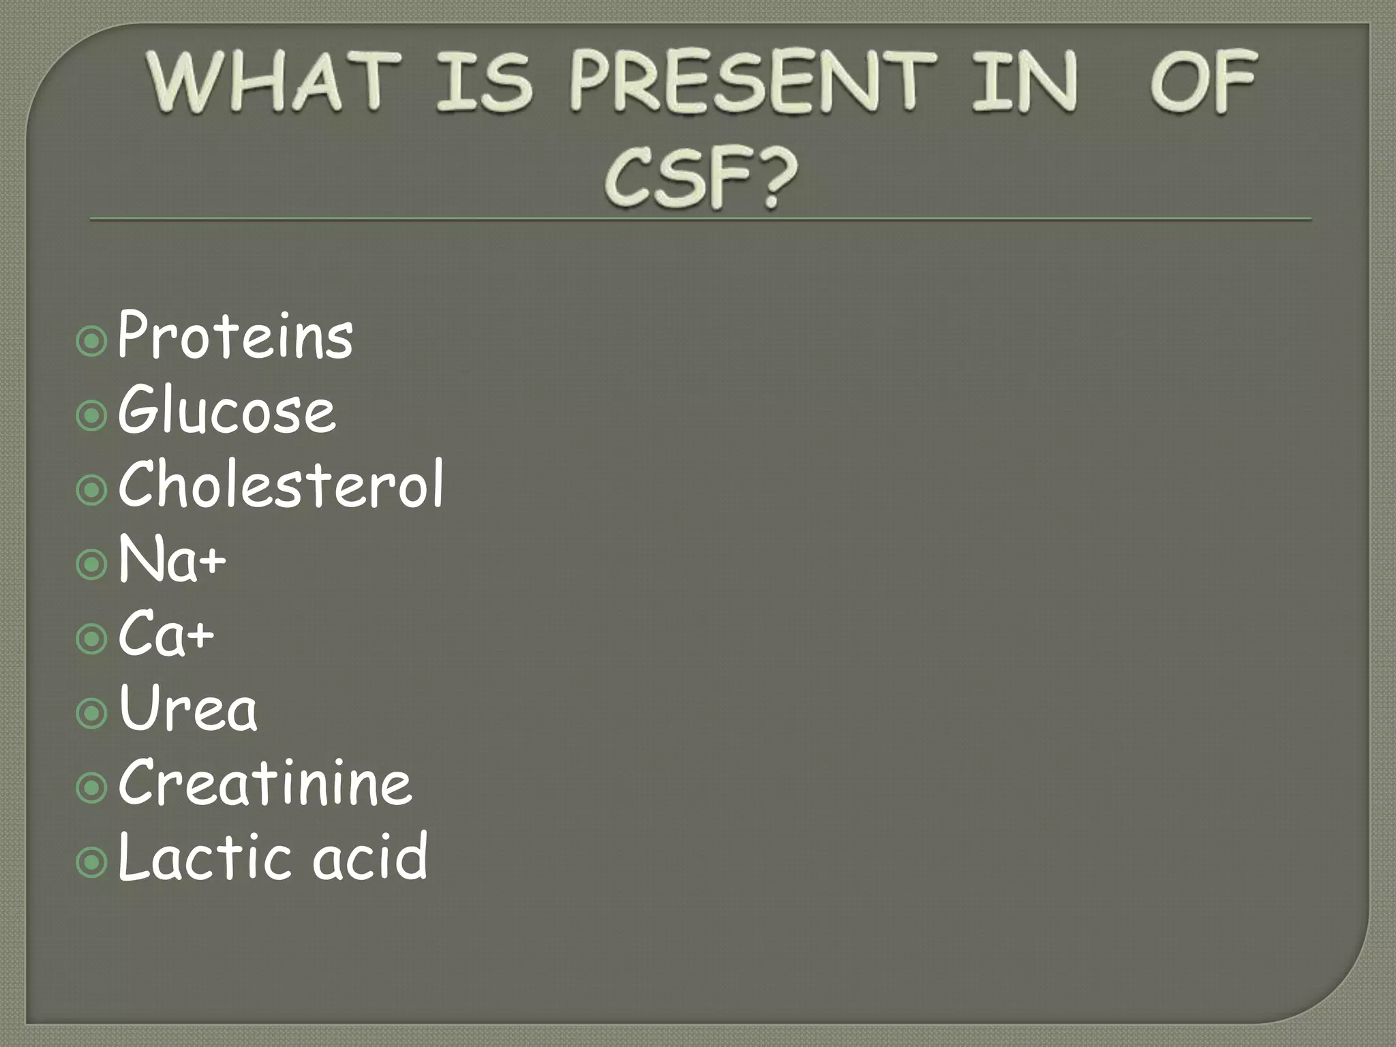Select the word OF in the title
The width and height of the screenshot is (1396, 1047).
pyautogui.click(x=1203, y=82)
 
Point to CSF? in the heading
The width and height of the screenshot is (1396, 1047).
pyautogui.click(x=701, y=179)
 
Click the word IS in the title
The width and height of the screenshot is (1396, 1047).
pyautogui.click(x=483, y=82)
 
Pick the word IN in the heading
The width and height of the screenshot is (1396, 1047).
pyautogui.click(x=1025, y=82)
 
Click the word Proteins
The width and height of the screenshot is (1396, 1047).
pyautogui.click(x=235, y=335)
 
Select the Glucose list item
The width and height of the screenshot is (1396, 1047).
pyautogui.click(x=227, y=410)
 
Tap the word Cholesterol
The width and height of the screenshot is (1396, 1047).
pyautogui.click(x=281, y=485)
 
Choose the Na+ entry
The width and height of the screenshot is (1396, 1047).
pyautogui.click(x=172, y=560)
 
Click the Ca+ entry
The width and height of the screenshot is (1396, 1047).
pyautogui.click(x=166, y=635)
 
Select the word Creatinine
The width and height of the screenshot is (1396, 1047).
pyautogui.click(x=265, y=783)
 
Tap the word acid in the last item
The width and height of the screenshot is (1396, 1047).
pyautogui.click(x=370, y=858)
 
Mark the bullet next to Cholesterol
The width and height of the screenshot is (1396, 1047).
pyautogui.click(x=92, y=490)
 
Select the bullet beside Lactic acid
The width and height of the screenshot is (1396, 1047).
pyautogui.click(x=92, y=863)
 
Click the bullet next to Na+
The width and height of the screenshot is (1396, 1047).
pyautogui.click(x=92, y=565)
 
